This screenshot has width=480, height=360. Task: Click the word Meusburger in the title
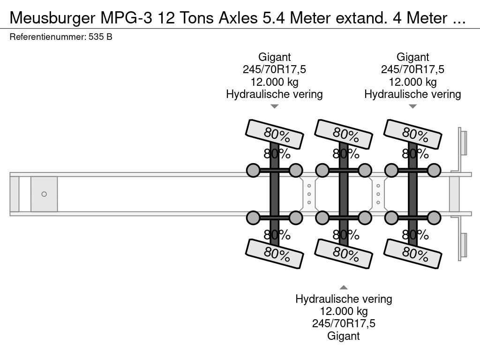coord(52,18)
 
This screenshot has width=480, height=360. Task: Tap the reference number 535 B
coord(100,37)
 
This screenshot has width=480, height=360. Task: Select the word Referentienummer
coord(48,37)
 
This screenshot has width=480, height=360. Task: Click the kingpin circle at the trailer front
coord(44,194)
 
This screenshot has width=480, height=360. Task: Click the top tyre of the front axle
coord(274,134)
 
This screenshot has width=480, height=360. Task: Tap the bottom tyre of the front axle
coord(274,254)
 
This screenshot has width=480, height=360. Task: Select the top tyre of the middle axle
coord(344,134)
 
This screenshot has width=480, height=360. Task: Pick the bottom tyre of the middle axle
coord(344,254)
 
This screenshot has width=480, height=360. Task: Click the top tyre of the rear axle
coord(412,134)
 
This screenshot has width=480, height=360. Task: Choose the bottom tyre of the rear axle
coord(412,254)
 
